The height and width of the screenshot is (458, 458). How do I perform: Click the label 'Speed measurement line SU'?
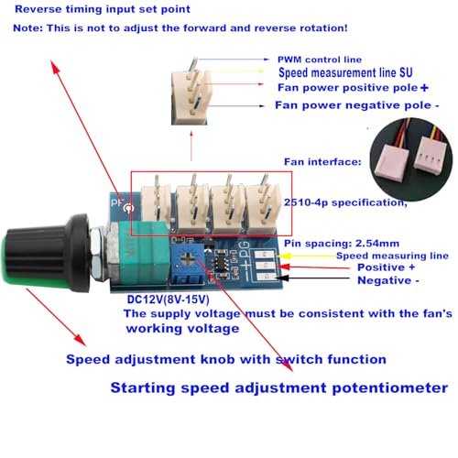click(352, 72)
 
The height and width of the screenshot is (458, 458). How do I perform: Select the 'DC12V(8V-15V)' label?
click(168, 298)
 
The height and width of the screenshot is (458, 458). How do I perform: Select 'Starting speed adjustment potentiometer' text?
click(279, 387)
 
